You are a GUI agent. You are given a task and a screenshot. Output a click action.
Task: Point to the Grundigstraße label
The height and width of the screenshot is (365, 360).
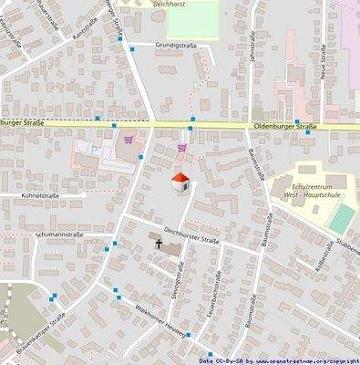point(176,44)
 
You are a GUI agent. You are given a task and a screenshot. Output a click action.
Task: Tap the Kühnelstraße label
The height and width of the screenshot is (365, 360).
point(34,196)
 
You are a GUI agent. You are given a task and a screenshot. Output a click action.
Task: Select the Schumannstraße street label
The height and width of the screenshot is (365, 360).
point(59,235)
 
